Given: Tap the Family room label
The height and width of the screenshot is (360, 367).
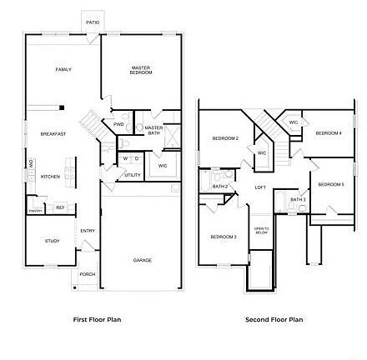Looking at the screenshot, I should pyautogui.click(x=63, y=70).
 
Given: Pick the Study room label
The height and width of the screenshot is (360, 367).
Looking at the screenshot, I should pyautogui.click(x=52, y=240).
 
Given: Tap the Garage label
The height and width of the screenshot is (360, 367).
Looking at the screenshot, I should pyautogui.click(x=142, y=260).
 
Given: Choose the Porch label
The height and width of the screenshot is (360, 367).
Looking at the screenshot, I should pyautogui.click(x=88, y=274).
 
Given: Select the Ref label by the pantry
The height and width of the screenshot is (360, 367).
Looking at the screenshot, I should pyautogui.click(x=60, y=207).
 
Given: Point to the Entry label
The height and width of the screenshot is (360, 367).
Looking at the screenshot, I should pyautogui.click(x=87, y=231).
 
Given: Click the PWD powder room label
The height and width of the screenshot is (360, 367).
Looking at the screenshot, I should pyautogui.click(x=118, y=124).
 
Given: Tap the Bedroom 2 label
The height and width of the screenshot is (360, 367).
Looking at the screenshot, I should pyautogui.click(x=225, y=138).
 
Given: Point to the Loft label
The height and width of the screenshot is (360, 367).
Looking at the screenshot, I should pyautogui.click(x=260, y=187).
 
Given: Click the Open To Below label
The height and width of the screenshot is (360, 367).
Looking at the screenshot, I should pyautogui.click(x=262, y=231).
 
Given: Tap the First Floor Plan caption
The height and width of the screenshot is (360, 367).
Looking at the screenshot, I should pyautogui.click(x=97, y=319).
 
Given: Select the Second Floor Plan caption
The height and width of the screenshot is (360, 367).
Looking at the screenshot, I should pyautogui.click(x=274, y=319).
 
